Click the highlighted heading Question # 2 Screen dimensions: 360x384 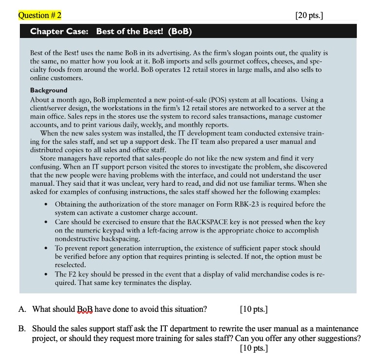pyautogui.click(x=40, y=15)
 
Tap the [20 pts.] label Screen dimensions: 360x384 pyautogui.click(x=309, y=15)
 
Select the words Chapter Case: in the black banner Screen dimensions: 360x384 pyautogui.click(x=59, y=32)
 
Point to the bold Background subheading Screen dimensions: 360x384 pyautogui.click(x=49, y=90)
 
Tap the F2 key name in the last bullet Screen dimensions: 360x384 pyautogui.click(x=73, y=274)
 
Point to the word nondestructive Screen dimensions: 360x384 pyautogui.click(x=76, y=239)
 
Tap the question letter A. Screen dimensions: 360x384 pyautogui.click(x=22, y=309)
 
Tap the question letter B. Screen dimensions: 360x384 pyautogui.click(x=22, y=329)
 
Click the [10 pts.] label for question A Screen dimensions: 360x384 pyautogui.click(x=254, y=309)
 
